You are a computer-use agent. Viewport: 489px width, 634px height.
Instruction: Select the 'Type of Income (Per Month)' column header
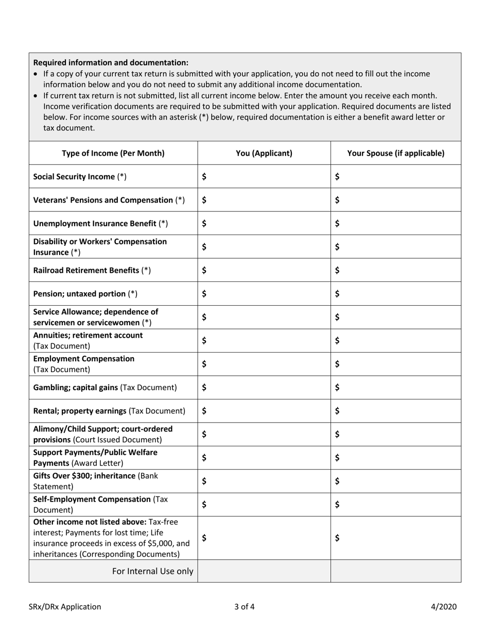(113, 153)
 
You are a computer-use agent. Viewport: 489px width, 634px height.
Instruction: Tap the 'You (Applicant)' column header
(264, 153)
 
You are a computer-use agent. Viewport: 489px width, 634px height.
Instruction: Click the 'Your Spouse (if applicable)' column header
(395, 153)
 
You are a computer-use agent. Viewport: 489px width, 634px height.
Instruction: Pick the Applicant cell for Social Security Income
(264, 177)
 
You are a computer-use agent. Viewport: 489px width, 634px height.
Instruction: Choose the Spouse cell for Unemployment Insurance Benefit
(395, 224)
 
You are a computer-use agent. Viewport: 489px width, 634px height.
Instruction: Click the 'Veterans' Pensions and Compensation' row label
(109, 200)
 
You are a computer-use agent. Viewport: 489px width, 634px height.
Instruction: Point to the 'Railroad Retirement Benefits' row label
(92, 270)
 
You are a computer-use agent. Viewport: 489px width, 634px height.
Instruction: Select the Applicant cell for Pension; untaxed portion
(264, 294)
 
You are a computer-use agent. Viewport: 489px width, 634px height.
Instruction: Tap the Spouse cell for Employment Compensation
(395, 364)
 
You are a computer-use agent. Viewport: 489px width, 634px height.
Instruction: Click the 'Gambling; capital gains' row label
(104, 387)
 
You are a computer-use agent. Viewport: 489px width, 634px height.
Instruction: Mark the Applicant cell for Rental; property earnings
(264, 411)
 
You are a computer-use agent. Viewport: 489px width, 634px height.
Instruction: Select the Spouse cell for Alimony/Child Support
(395, 435)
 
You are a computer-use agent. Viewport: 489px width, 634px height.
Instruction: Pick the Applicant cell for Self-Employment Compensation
(264, 505)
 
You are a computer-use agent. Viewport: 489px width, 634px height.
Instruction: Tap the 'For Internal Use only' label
(153, 571)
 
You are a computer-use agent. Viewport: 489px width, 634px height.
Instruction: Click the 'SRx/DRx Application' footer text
(65, 607)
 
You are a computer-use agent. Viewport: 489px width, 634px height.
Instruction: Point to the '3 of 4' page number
(244, 607)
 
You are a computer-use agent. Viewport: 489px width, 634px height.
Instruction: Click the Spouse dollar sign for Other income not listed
(337, 538)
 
